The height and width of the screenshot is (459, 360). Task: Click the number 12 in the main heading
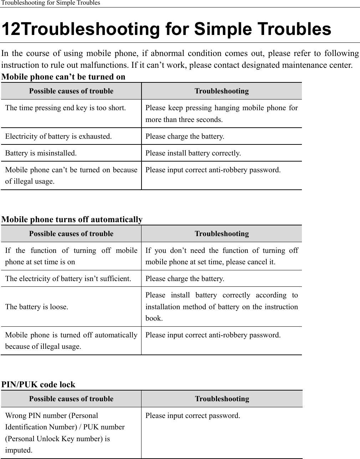click(12, 30)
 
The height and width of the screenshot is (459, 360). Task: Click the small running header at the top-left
click(50, 3)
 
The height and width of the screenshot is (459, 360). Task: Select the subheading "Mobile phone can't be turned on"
click(63, 77)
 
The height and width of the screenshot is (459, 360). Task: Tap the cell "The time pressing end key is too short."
click(65, 108)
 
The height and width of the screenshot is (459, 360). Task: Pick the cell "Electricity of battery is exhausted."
click(58, 136)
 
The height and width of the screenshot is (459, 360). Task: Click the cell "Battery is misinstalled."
click(41, 153)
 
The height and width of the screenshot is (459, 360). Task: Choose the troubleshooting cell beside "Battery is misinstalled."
click(193, 153)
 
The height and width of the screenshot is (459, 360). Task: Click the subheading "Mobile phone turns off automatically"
click(72, 219)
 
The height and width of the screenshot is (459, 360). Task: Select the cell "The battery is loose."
click(37, 307)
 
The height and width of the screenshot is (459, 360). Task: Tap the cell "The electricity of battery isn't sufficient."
click(68, 279)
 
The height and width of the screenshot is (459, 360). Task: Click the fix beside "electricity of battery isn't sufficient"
click(185, 279)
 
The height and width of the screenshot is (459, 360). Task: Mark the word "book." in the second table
click(154, 318)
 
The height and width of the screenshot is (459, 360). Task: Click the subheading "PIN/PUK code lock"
click(38, 384)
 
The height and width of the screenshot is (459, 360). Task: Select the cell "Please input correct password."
click(192, 415)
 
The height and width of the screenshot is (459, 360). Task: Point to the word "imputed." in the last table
click(19, 450)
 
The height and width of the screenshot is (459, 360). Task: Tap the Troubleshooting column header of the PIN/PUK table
click(222, 399)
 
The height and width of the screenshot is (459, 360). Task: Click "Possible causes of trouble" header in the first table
click(71, 91)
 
